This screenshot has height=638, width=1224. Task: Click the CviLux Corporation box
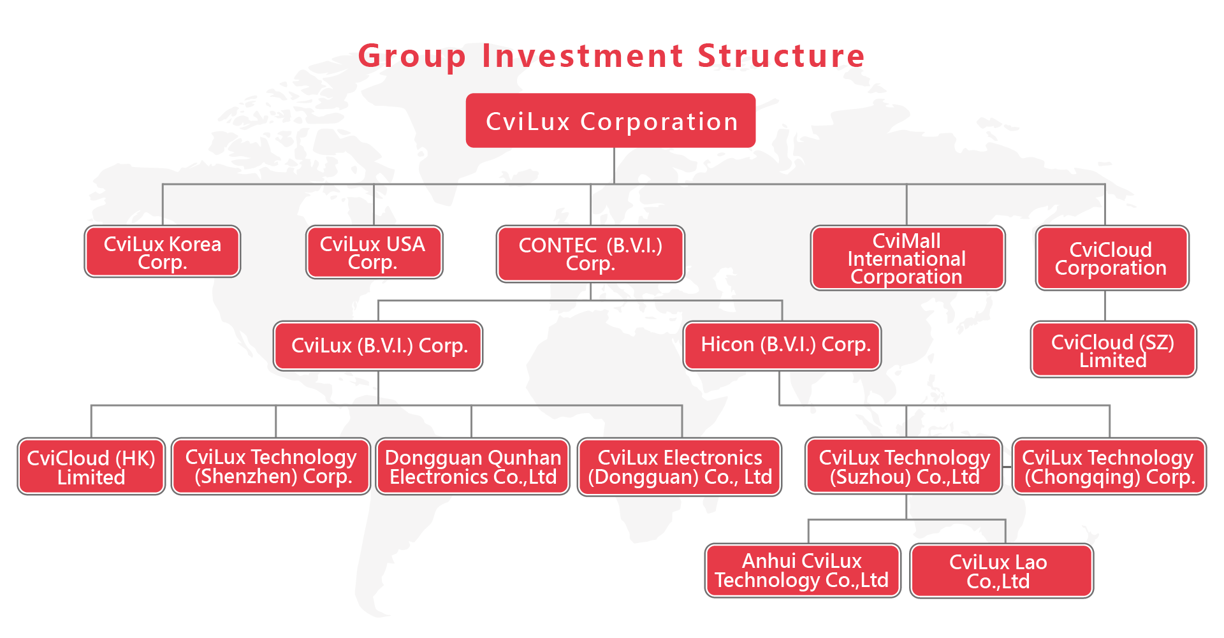611,120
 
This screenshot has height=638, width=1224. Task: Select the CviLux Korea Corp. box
163,252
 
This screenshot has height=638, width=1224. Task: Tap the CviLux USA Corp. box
374,252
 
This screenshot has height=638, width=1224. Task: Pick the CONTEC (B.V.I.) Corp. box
590,254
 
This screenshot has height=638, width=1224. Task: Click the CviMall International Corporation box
908,258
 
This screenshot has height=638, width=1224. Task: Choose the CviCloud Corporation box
1112,258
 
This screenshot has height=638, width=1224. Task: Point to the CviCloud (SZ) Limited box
1114,349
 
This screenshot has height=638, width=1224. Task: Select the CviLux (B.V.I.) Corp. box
378,345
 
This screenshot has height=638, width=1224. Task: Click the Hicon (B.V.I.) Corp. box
782,345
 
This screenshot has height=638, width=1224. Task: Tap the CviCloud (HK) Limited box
91,467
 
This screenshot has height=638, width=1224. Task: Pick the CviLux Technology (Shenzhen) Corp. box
271,467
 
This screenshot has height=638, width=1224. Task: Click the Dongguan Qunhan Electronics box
472,467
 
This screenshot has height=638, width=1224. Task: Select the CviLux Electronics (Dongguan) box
680,467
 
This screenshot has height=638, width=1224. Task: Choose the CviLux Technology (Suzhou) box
904,466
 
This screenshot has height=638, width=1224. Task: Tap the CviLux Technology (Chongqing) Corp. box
1109,467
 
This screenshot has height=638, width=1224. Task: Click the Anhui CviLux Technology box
803,570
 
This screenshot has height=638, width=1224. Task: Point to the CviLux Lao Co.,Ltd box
1002,570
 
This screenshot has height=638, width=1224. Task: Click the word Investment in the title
583,55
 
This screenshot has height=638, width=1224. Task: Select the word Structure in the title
781,55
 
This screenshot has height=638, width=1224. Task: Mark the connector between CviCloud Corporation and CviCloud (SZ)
1105,306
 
